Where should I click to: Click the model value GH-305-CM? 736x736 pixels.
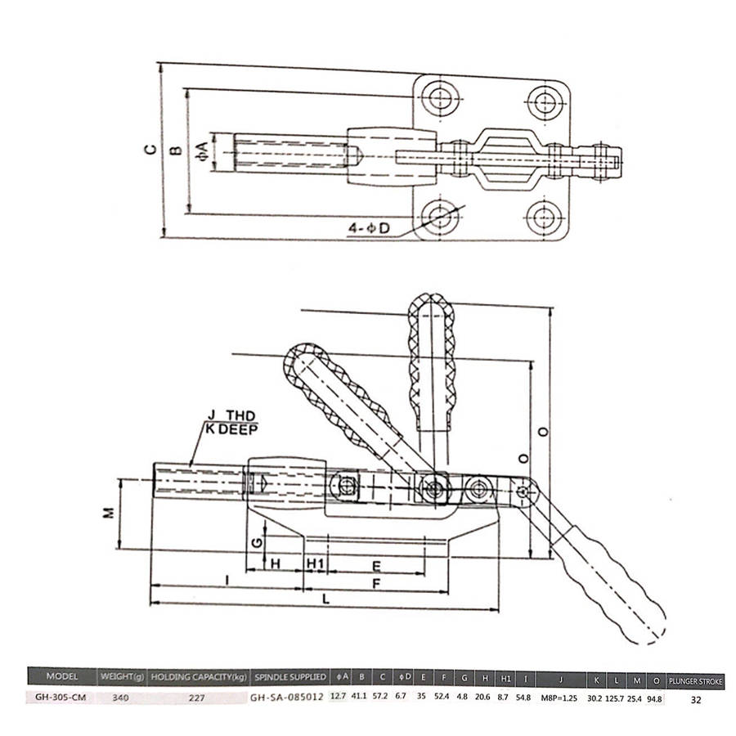(x=61, y=697)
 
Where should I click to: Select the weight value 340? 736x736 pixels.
(x=121, y=698)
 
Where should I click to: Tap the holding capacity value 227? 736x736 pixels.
(x=196, y=698)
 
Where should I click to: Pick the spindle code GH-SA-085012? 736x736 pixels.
(x=287, y=697)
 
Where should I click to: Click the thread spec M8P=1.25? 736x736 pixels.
(x=559, y=698)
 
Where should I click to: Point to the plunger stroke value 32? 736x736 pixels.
(x=696, y=699)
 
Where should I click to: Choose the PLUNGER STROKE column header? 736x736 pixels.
(x=696, y=681)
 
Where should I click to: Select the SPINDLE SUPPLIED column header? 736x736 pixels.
(x=290, y=677)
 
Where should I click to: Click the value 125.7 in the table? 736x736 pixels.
(x=614, y=698)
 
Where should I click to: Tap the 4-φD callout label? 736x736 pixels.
(x=369, y=229)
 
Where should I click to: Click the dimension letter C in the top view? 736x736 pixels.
(x=150, y=150)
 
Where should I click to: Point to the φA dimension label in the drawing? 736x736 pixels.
(x=202, y=151)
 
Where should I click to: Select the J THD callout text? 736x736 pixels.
(x=231, y=415)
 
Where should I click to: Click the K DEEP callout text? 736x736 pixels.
(x=231, y=429)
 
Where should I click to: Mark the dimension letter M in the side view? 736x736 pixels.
(x=109, y=513)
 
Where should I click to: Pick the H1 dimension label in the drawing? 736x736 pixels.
(x=316, y=563)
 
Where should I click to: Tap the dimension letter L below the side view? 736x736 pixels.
(x=325, y=599)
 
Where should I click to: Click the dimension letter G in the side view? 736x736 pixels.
(x=257, y=543)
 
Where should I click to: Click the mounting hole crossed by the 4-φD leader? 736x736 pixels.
(x=440, y=217)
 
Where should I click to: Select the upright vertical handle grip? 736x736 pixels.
(x=431, y=361)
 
